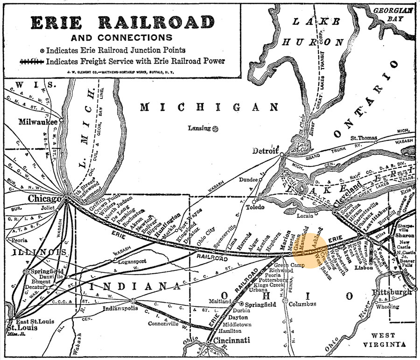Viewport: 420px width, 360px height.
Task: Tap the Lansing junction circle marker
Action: click(x=215, y=128)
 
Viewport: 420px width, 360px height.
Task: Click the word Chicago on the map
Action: click(x=45, y=199)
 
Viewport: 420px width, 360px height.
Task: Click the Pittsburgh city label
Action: click(x=392, y=292)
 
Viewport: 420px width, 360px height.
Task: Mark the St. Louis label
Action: click(x=18, y=328)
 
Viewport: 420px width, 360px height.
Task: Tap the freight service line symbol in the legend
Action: click(x=31, y=61)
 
